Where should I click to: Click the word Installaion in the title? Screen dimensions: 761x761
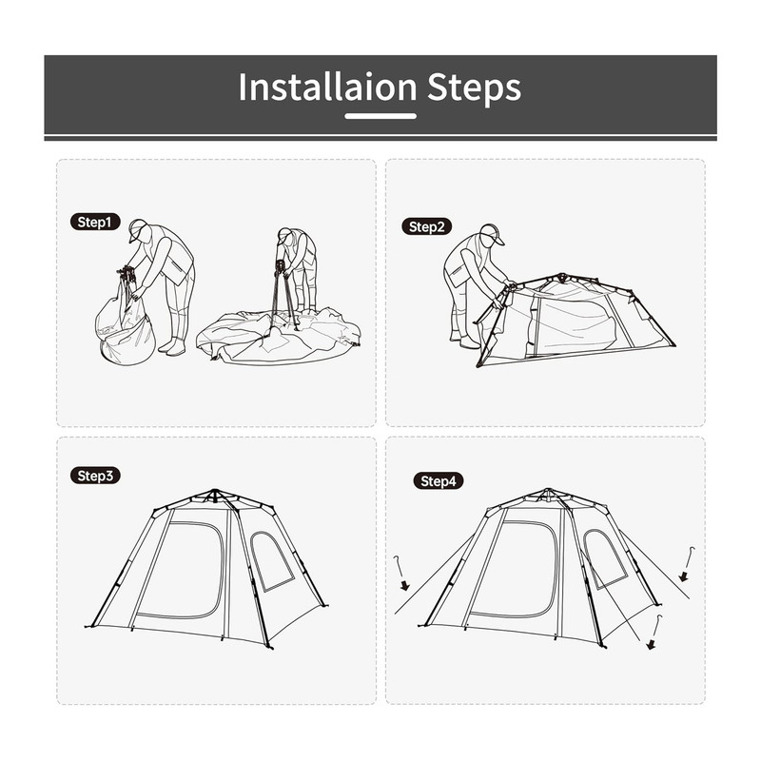[x=327, y=87]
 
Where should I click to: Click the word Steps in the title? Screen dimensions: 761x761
[x=474, y=88]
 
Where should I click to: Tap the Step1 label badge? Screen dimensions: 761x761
[x=95, y=222]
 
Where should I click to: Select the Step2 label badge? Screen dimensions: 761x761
[x=426, y=226]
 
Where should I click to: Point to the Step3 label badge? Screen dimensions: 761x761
[x=95, y=476]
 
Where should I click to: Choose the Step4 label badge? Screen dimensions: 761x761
[x=439, y=481]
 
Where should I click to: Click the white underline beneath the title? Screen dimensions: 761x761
[x=380, y=116]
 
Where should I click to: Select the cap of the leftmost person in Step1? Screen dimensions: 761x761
[x=138, y=229]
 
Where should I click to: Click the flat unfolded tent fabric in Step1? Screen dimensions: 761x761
[x=279, y=336]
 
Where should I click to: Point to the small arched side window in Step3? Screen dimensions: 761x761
[x=271, y=561]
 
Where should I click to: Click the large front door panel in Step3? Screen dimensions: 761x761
[x=181, y=570]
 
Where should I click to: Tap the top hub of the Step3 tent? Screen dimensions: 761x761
[x=214, y=495]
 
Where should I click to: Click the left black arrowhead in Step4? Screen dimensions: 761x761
[x=405, y=585]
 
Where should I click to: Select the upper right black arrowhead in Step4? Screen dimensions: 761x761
[x=683, y=576]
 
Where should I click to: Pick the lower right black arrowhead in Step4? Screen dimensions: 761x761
[x=652, y=645]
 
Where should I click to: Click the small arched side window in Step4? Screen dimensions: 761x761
[x=603, y=558]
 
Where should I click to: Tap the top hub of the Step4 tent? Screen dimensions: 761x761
[x=549, y=494]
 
